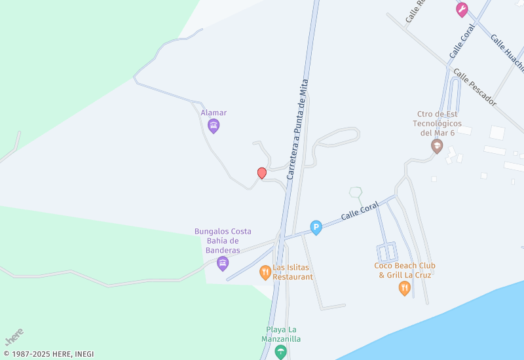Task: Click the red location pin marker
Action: (262, 173)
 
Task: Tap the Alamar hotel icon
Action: (214, 126)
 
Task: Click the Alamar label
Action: (214, 113)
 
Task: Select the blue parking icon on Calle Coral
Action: (316, 228)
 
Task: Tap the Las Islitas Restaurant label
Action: (293, 272)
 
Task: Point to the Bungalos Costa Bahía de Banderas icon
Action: (223, 264)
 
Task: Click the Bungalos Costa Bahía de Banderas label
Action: (223, 241)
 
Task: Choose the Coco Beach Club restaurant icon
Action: (405, 288)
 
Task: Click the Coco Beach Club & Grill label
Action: (405, 270)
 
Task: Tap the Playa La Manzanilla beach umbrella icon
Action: (281, 353)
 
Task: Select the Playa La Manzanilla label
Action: (283, 334)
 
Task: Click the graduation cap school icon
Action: (437, 146)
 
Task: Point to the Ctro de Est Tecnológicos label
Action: (438, 123)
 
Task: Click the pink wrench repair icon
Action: (462, 9)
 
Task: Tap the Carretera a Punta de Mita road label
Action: (297, 130)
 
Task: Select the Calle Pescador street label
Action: (475, 88)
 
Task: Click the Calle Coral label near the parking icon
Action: (360, 211)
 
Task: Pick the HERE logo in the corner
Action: (14, 337)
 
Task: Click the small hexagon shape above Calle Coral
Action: (356, 192)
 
